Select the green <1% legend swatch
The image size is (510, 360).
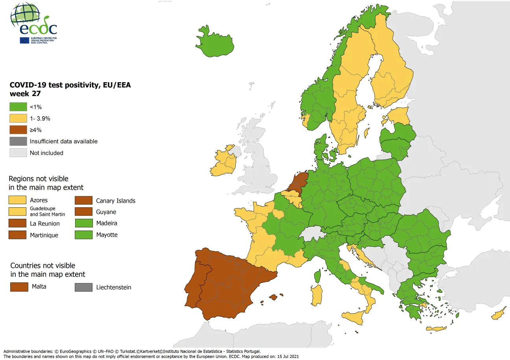tap(18, 107)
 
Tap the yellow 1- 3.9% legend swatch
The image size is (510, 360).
tap(18, 118)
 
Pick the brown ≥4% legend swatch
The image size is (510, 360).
tap(18, 130)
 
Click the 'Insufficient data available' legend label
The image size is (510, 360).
tap(63, 141)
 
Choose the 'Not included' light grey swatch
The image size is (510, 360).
tap(18, 153)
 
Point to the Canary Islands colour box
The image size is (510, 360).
tap(83, 200)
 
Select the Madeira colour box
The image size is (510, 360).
tap(83, 223)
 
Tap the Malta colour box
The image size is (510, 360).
tap(19, 287)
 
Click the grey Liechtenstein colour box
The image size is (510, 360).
tap(83, 287)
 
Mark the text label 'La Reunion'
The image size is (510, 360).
tap(45, 223)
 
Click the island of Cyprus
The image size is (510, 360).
tap(497, 315)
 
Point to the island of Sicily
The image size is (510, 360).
tap(354, 316)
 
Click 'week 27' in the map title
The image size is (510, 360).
tap(26, 94)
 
